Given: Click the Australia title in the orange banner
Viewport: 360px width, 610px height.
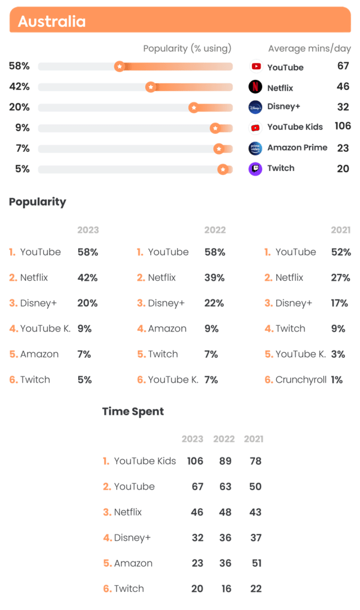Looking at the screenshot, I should click(52, 22).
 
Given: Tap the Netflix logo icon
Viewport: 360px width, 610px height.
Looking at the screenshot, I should click(256, 87).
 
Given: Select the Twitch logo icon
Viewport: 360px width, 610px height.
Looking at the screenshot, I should click(256, 168).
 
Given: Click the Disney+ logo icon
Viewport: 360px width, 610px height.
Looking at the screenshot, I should click(256, 107).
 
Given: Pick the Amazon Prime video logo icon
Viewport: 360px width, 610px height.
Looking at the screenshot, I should click(256, 148).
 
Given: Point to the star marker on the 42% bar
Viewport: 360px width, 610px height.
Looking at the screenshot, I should click(151, 87).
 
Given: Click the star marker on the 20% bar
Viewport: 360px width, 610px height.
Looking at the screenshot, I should click(193, 107).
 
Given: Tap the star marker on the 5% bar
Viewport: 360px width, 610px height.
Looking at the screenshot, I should click(223, 169).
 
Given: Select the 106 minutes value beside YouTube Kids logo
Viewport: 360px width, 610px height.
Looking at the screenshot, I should click(343, 126).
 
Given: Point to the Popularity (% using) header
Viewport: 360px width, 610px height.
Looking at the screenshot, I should click(187, 48).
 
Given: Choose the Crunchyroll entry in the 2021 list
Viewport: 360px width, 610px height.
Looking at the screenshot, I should click(301, 380).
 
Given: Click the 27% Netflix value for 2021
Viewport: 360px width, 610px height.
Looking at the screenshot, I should click(340, 277).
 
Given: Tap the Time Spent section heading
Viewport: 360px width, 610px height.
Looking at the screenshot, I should click(133, 411).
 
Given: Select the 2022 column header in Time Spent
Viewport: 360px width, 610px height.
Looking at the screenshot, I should click(224, 439).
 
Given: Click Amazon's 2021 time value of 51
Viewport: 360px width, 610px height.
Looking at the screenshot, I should click(256, 563).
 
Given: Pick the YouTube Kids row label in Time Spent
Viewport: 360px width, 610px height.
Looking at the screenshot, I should click(145, 461).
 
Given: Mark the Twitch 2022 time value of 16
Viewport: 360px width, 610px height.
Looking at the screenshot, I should click(226, 589).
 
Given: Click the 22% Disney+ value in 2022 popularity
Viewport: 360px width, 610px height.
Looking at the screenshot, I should click(214, 303).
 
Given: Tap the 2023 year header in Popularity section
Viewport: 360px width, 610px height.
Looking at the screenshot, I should click(88, 230).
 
